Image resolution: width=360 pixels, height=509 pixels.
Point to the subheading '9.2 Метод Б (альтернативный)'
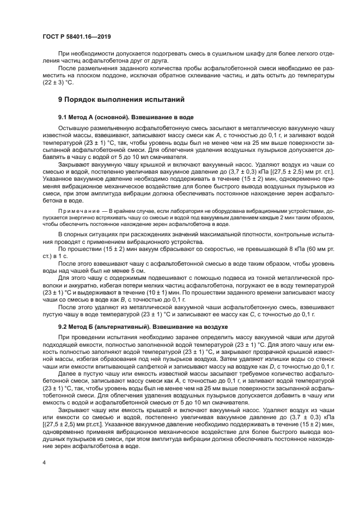pos(111,326)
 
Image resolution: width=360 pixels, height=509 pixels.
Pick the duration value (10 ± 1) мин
pos(162,292)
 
